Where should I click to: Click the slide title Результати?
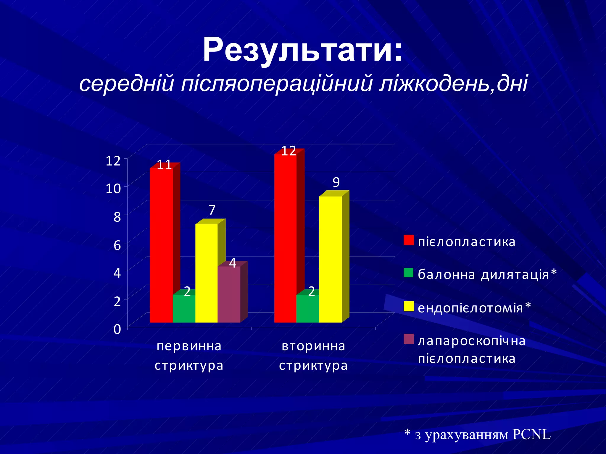(302, 50)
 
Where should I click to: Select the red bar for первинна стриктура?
(161, 245)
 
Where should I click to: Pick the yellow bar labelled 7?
(206, 273)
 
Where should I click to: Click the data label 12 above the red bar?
(289, 151)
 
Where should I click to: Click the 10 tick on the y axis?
(113, 189)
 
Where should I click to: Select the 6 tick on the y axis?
(117, 245)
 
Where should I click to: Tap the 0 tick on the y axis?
(117, 329)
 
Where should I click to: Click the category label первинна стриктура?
(189, 356)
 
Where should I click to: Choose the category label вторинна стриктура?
(313, 356)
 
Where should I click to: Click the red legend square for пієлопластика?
(409, 240)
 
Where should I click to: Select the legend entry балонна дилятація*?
(487, 274)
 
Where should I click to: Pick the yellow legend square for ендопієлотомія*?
(409, 307)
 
